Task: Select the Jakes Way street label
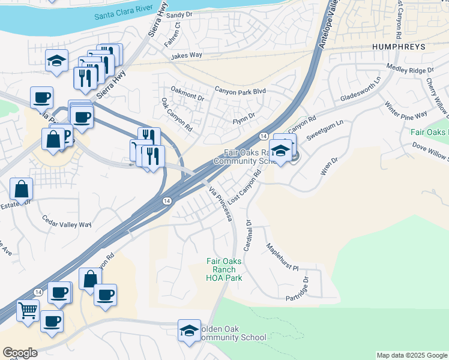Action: pos(186,56)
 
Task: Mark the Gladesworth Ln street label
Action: pos(361,89)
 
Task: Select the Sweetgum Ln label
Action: pos(325,130)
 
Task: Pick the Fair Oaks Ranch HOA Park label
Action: pos(224,269)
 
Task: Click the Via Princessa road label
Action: pos(220,203)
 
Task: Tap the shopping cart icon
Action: pos(28,310)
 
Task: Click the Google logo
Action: pos(20,353)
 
